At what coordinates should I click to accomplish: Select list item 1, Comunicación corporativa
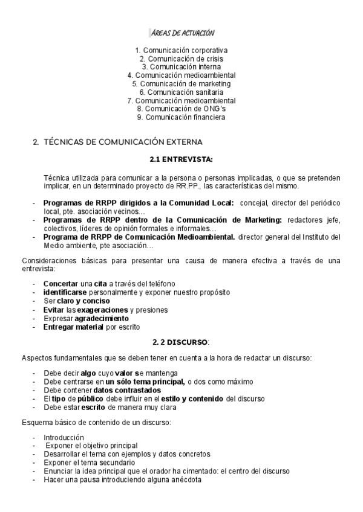tap(181, 50)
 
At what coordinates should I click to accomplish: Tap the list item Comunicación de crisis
tap(181, 59)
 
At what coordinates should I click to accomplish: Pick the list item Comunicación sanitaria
tap(181, 92)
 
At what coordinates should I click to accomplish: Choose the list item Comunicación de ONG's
tap(181, 109)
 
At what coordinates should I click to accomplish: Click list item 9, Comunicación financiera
tap(181, 117)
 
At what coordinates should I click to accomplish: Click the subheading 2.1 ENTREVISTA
tap(181, 159)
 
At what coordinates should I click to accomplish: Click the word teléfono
tap(160, 284)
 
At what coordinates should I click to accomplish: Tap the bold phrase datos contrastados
tap(126, 390)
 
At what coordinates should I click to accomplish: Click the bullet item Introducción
tap(64, 437)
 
